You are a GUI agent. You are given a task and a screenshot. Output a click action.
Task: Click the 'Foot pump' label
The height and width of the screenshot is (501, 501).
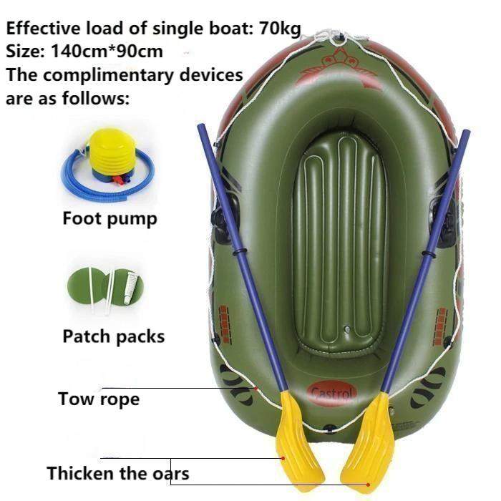click(x=110, y=218)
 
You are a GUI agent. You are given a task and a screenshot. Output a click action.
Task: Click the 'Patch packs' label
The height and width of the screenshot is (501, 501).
click(x=113, y=336)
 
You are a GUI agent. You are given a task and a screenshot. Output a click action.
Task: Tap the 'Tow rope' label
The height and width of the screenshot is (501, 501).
click(x=99, y=398)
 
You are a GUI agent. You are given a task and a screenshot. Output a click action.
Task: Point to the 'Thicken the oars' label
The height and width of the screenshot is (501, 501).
click(x=118, y=473)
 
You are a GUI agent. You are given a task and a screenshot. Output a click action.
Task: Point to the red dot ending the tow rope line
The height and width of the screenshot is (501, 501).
click(x=256, y=389)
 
